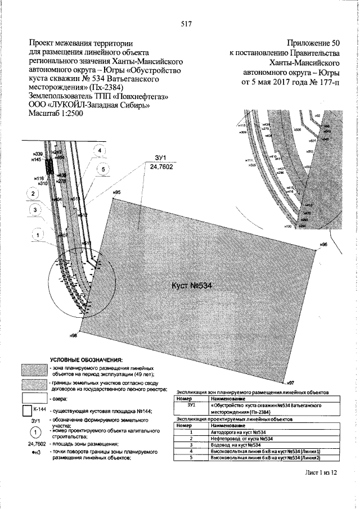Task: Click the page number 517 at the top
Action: tap(187, 24)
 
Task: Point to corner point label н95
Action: tap(116, 193)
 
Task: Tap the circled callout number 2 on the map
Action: tap(34, 194)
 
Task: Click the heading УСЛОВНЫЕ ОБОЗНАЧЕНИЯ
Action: tap(85, 359)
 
